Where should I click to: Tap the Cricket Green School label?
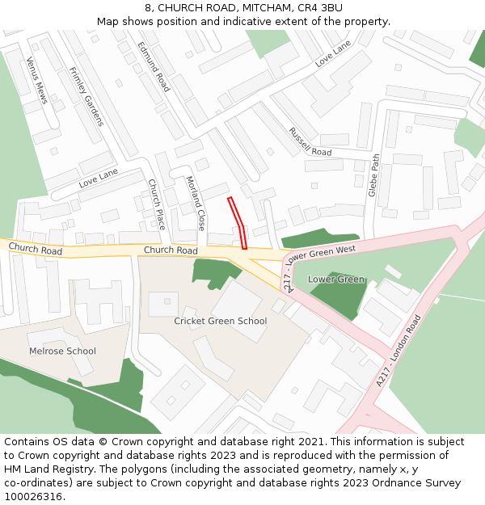coord(220,321)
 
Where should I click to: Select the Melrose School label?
coord(62,351)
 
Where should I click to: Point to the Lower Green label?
coord(336,280)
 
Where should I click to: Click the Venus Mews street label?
coord(37,80)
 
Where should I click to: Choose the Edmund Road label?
coord(153,66)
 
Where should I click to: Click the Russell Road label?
coord(310,141)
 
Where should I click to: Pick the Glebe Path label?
coord(373,175)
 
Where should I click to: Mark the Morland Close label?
coord(196,204)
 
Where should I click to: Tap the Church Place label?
coord(156,204)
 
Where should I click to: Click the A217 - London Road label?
coord(399,350)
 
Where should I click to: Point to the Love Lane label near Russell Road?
coord(332,56)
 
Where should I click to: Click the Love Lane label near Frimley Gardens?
coord(98,179)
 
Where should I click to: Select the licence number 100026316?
coord(35,497)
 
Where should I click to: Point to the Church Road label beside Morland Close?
coord(171,250)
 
